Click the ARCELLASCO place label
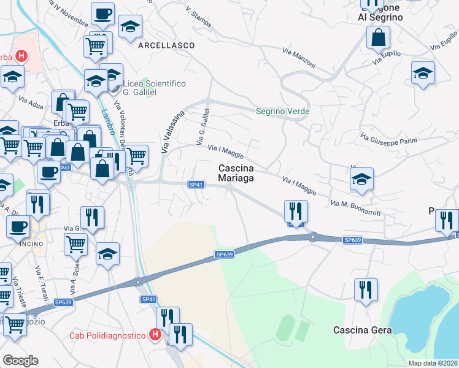pos(166,45)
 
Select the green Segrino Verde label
pos(282,112)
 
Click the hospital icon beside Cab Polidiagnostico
pos(155,335)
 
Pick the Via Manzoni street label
pos(299,58)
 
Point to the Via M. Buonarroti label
pos(355,206)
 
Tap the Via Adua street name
pos(30,101)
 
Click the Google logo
pos(20,360)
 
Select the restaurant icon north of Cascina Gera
pos(366,289)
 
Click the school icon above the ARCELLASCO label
pos(130,27)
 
